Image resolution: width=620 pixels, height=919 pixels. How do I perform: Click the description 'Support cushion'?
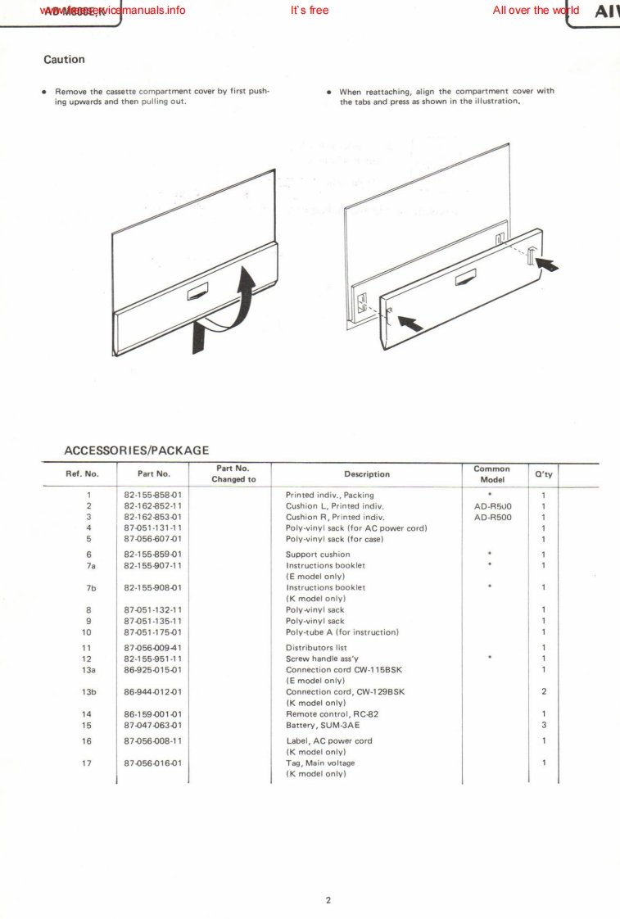click(x=317, y=555)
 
